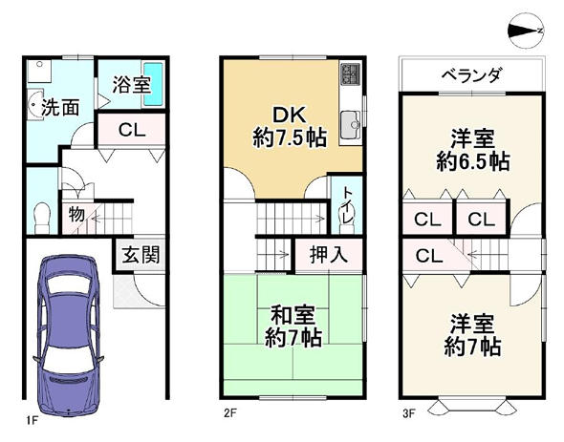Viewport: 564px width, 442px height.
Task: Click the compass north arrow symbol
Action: click(526, 31)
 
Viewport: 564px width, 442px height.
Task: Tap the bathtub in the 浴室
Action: click(154, 84)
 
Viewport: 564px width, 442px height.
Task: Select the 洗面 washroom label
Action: click(59, 108)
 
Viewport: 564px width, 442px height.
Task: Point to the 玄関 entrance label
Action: click(141, 255)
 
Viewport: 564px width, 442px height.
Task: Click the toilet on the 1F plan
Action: click(42, 218)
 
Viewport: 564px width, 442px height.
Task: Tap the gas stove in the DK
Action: click(350, 74)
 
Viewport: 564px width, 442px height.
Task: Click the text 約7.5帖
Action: click(290, 137)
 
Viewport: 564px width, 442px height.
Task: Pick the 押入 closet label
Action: click(329, 255)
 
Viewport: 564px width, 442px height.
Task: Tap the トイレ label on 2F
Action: click(347, 205)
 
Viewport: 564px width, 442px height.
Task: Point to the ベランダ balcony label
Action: click(471, 75)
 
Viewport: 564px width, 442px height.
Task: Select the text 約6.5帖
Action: click(473, 161)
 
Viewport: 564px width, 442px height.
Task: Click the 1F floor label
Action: click(32, 420)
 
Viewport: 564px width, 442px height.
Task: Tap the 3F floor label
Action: click(408, 413)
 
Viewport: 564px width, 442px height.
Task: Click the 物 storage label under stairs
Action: click(76, 215)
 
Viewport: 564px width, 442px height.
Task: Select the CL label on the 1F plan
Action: click(132, 130)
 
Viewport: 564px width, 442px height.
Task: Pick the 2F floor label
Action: click(230, 413)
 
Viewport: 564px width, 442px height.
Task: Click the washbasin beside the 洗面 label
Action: click(35, 105)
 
